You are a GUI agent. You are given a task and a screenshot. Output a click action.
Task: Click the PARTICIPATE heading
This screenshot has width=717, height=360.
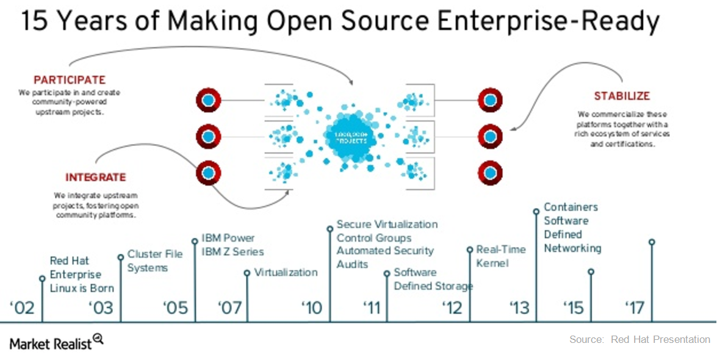pyautogui.click(x=70, y=80)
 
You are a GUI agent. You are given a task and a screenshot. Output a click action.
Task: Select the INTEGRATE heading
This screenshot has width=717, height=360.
pyautogui.click(x=95, y=178)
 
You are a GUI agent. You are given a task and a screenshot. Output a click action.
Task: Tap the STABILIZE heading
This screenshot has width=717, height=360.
pyautogui.click(x=622, y=96)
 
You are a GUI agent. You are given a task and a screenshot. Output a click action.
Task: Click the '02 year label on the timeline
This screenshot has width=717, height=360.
pyautogui.click(x=22, y=307)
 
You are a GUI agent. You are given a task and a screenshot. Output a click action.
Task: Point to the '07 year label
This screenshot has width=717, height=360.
pyautogui.click(x=229, y=307)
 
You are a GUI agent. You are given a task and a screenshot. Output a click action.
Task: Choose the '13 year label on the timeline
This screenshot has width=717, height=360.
pyautogui.click(x=519, y=307)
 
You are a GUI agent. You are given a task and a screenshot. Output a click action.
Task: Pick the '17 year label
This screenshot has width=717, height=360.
pyautogui.click(x=635, y=307)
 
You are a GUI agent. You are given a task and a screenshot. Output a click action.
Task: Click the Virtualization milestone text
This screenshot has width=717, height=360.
pyautogui.click(x=286, y=272)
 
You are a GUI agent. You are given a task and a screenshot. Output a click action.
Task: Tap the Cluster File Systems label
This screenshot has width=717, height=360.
pyautogui.click(x=155, y=261)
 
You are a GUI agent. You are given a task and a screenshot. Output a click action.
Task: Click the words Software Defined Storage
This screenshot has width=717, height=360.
pyautogui.click(x=433, y=279)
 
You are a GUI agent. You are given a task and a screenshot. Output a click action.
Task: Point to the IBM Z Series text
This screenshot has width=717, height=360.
pyautogui.click(x=232, y=251)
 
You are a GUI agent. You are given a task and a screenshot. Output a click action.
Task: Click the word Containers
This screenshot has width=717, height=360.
pyautogui.click(x=571, y=207)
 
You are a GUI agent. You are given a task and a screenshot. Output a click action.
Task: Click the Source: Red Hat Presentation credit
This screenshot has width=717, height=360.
pyautogui.click(x=640, y=339)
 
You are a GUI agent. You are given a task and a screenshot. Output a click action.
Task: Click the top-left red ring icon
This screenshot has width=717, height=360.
pyautogui.click(x=208, y=99)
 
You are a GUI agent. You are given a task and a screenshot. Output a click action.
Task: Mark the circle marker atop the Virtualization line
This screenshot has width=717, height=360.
pyautogui.click(x=247, y=273)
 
